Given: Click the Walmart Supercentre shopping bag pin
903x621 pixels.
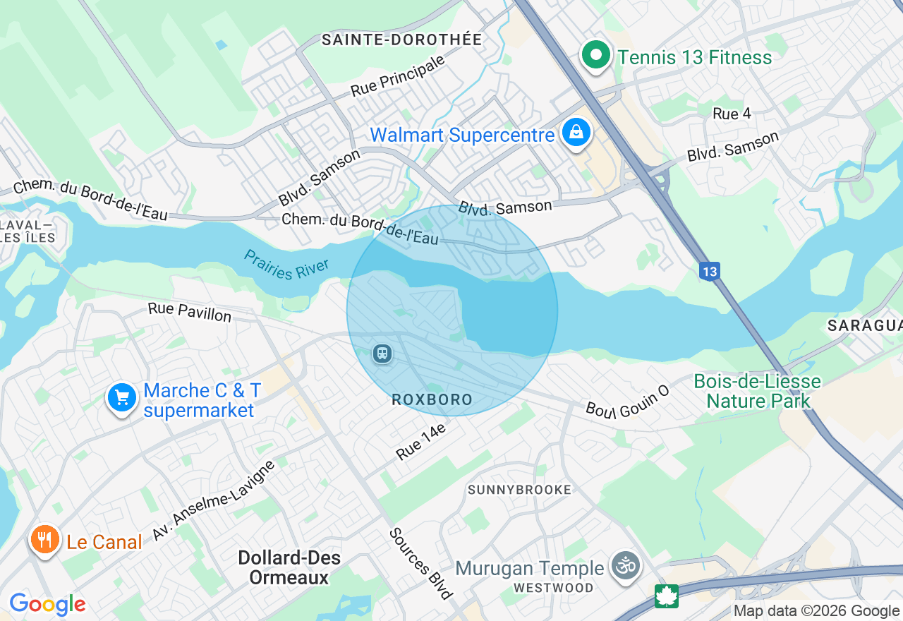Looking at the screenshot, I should pos(576,133).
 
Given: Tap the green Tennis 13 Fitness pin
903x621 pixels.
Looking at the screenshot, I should pos(596,55).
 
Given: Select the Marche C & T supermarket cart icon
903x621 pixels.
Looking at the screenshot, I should pos(122,398).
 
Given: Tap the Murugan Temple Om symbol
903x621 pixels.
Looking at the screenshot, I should pos(626,566).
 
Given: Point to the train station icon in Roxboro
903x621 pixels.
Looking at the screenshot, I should pos(382,352).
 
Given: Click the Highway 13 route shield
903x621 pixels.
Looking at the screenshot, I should pos(710,270).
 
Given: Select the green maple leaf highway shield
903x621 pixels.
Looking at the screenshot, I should pos(666,596).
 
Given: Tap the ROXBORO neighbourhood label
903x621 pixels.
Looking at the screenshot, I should pos(432,400).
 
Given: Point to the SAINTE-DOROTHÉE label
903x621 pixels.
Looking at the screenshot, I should pos(401,40).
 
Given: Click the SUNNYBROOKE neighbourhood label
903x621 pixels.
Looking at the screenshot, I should pos(519,490).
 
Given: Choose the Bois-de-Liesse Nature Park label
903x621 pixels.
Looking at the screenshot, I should pos(757,392).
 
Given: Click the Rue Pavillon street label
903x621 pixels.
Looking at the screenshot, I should pos(189,312).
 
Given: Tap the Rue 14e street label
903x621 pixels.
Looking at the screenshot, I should pos(421,442).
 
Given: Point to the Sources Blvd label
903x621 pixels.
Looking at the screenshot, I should pos(420,562).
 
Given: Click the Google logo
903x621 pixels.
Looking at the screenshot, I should pos(47,604).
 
